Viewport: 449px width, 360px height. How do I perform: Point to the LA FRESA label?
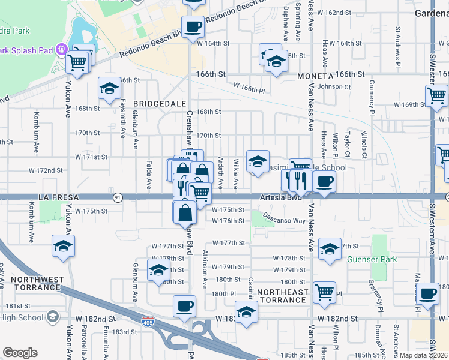click(59, 197)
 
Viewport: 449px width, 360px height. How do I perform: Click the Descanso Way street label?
click(284, 220)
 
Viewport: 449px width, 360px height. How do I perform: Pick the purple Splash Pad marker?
click(61, 49)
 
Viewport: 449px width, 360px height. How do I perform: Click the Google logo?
click(20, 353)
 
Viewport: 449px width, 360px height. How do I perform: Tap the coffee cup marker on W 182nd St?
click(184, 307)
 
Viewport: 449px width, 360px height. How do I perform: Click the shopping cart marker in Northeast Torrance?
click(324, 292)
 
